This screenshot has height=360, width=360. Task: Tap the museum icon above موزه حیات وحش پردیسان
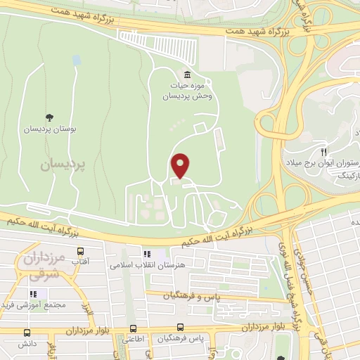coord(187,75)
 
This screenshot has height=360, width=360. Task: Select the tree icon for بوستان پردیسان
coord(49,117)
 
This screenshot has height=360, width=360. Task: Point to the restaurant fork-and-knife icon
coord(323,151)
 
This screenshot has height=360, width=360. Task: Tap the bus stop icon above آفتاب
coord(80,251)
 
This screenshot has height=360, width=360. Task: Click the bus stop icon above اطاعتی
coord(133,328)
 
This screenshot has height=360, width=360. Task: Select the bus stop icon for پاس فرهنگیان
coord(181,328)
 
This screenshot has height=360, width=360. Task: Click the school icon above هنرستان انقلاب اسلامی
coord(146,254)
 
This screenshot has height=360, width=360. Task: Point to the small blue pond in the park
coord(75,61)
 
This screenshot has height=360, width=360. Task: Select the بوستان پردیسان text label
coord(50,130)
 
